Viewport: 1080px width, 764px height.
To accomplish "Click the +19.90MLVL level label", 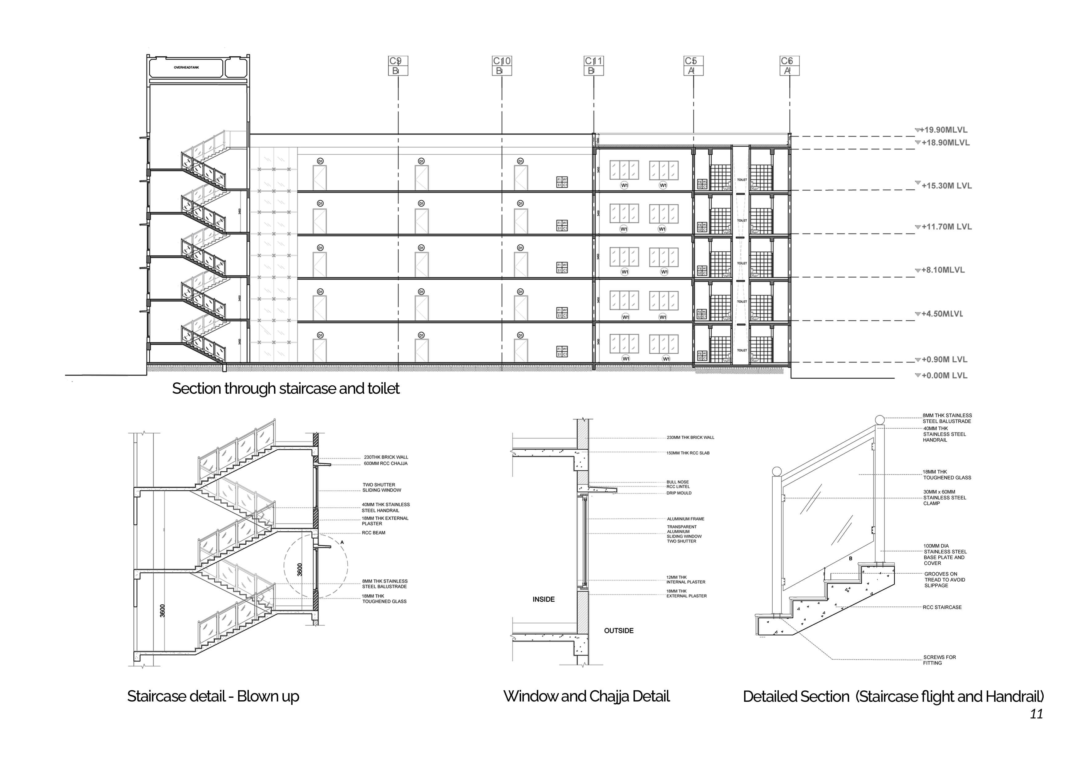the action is [x=943, y=130].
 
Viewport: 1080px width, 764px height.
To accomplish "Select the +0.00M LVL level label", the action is [x=944, y=376].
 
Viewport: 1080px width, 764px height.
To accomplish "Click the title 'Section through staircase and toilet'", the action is [x=285, y=388].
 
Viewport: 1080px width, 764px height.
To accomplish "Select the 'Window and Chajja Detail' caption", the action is [x=586, y=696].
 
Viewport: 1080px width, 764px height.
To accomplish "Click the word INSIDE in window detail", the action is [x=543, y=599].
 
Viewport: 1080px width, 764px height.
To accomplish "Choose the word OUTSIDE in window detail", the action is [x=619, y=630].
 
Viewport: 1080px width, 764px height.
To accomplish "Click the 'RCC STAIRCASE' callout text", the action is [x=942, y=607].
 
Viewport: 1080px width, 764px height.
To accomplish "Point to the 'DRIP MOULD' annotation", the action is [x=679, y=493].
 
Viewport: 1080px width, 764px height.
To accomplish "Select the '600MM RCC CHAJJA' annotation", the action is [x=385, y=463].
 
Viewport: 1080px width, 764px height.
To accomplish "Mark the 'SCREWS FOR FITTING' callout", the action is [x=939, y=660].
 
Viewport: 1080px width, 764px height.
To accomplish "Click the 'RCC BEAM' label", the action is [x=374, y=533].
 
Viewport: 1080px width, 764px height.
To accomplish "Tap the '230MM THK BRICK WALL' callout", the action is [x=690, y=437].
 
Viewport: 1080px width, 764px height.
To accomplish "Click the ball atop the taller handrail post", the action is [x=880, y=420].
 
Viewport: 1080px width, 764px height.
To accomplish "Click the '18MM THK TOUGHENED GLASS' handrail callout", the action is [x=946, y=475].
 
